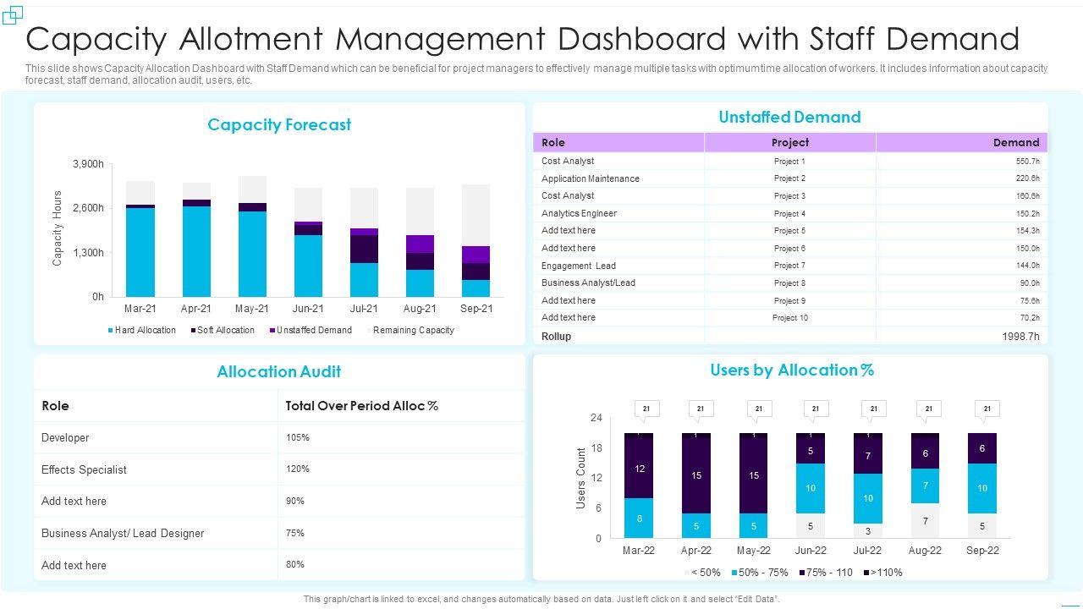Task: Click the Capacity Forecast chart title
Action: click(x=279, y=125)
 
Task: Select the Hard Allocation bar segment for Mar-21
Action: click(x=140, y=252)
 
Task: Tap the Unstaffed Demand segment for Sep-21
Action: click(x=476, y=255)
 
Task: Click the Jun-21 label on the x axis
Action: click(x=308, y=309)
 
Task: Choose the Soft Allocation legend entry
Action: click(x=225, y=330)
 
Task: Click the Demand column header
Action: click(x=1015, y=142)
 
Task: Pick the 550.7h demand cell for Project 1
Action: click(x=1027, y=161)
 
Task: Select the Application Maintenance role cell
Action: click(x=591, y=178)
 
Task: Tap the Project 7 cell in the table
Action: click(x=789, y=266)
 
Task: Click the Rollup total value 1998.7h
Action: click(x=1020, y=337)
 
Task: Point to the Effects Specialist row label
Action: click(x=84, y=469)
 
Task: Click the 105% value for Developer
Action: click(x=298, y=437)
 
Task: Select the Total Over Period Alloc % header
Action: click(x=362, y=406)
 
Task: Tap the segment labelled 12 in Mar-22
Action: click(x=640, y=468)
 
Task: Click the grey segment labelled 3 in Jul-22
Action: click(x=868, y=531)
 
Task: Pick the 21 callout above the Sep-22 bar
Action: click(x=987, y=409)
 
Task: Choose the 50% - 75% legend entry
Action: click(x=759, y=573)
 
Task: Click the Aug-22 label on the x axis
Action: click(x=925, y=550)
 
